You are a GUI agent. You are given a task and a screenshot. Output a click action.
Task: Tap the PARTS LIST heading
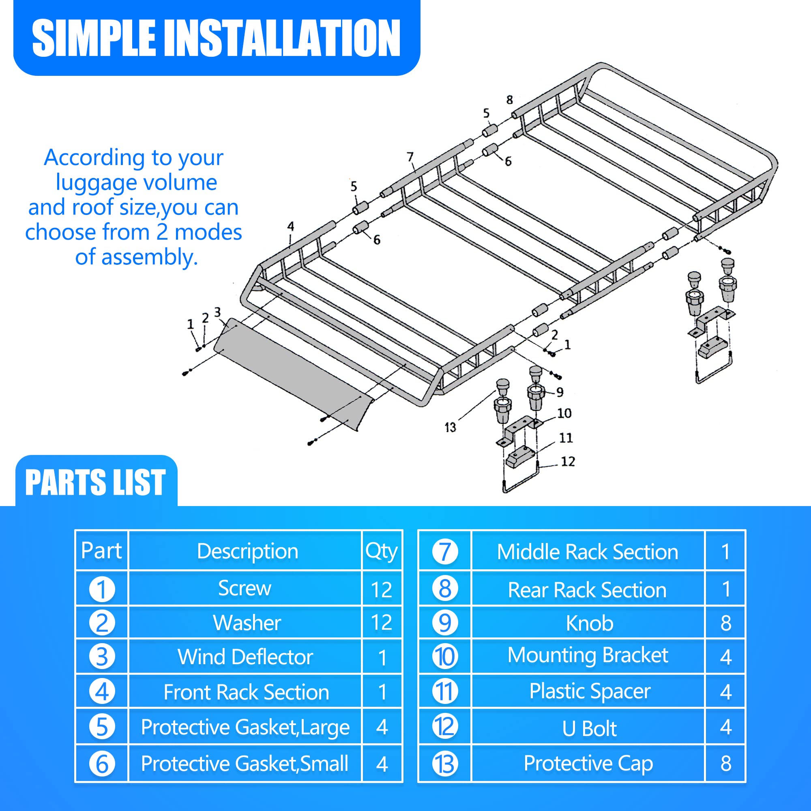[95, 482]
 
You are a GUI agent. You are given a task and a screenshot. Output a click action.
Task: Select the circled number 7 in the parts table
[444, 551]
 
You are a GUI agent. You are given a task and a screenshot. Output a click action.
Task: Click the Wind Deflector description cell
[245, 657]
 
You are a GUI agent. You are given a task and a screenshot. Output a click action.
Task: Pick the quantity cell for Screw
[382, 589]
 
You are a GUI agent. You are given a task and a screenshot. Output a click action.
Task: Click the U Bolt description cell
[589, 728]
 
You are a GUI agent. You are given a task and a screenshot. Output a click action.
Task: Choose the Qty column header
[381, 551]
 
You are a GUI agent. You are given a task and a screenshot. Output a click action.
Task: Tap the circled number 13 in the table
[444, 764]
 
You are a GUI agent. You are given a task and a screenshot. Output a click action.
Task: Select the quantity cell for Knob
[726, 623]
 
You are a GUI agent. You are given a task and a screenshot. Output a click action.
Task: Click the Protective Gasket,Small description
[245, 764]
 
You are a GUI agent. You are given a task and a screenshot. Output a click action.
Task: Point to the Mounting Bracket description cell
[588, 655]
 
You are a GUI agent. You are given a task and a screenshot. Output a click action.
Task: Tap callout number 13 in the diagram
[450, 427]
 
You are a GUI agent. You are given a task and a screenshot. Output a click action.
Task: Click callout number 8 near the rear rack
[509, 99]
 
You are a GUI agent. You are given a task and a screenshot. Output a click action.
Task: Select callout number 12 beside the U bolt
[568, 462]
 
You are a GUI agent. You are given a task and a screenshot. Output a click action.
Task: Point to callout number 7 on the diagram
[410, 157]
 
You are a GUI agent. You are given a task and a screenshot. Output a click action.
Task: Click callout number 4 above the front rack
[290, 226]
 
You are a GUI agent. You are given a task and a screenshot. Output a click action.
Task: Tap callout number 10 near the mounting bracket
[564, 413]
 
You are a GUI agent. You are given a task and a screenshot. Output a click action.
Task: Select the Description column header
[247, 551]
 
